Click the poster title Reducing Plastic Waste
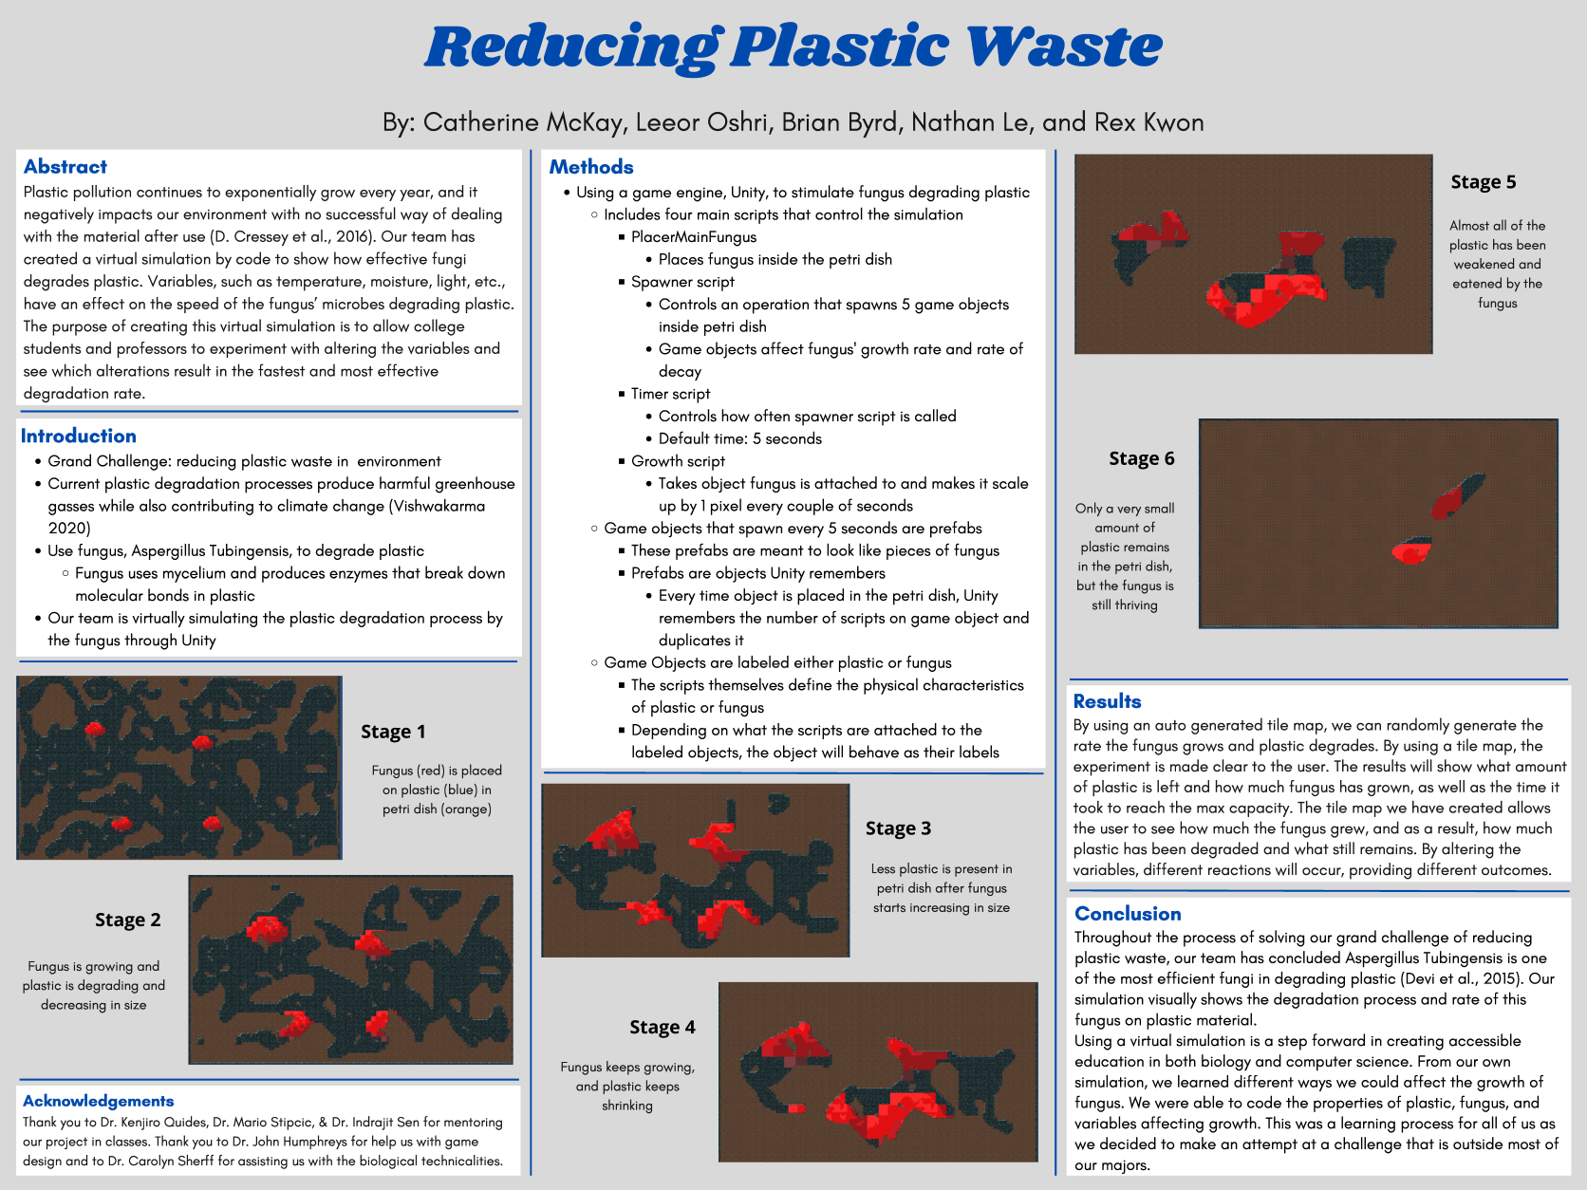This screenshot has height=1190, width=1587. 793,46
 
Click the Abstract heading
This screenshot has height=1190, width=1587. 65,167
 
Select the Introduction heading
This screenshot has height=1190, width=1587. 78,436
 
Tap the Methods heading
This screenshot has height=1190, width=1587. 590,167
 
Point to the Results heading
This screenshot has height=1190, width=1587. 1107,701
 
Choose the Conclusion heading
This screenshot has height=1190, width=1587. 1128,913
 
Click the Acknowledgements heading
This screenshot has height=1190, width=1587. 99,1101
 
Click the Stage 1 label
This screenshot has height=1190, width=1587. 393,732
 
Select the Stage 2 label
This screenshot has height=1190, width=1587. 127,919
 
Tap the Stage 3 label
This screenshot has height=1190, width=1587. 898,828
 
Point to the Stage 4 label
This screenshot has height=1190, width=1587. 663,1027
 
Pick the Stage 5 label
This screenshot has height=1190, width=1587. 1483,181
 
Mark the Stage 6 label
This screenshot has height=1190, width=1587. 1142,458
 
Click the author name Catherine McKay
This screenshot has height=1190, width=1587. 522,122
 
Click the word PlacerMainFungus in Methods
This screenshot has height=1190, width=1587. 694,237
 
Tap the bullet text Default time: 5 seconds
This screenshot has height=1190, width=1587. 739,438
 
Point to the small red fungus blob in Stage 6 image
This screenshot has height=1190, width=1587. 1410,552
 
